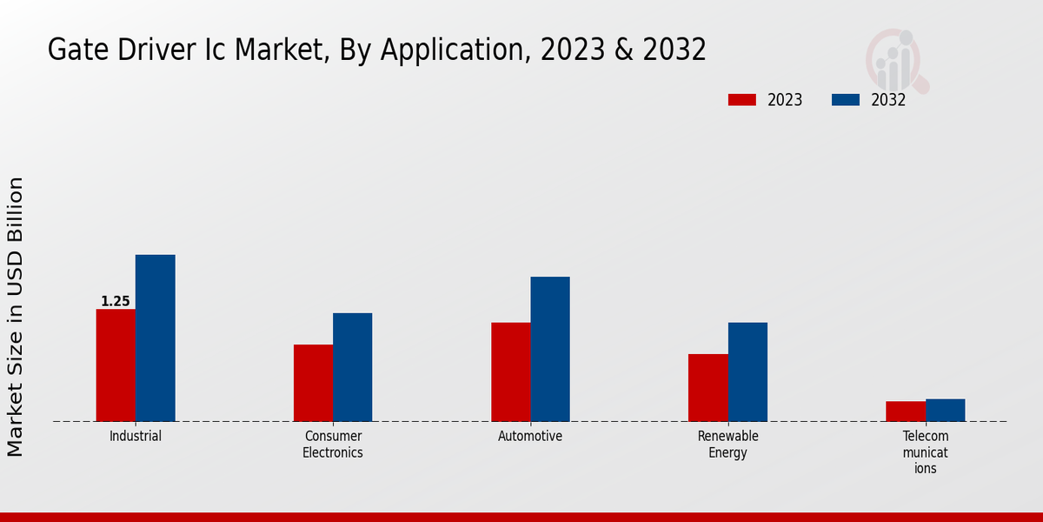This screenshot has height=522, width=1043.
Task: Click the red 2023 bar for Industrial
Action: (x=116, y=365)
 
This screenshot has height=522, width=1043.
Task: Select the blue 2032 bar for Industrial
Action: (x=155, y=338)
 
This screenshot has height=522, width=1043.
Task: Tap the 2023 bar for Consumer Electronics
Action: (x=313, y=383)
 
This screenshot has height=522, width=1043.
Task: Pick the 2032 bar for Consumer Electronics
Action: (x=352, y=367)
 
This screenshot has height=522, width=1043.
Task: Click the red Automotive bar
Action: (x=510, y=372)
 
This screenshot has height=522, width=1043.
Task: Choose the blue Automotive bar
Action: (x=550, y=349)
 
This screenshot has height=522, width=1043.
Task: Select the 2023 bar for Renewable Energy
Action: (x=708, y=388)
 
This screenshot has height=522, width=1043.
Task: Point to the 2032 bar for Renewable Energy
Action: (x=747, y=372)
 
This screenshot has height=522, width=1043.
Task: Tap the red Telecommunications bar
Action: (x=905, y=412)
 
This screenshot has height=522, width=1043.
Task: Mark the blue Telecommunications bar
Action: (x=945, y=411)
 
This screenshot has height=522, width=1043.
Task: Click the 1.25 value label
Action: (x=116, y=302)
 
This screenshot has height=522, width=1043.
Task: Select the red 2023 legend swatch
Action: (x=742, y=100)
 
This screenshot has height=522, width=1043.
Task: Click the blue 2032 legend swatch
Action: (x=845, y=100)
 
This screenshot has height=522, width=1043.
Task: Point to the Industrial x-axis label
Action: (x=136, y=437)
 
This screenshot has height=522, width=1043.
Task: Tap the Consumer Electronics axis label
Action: (x=333, y=445)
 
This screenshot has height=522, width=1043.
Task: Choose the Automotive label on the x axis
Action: (x=530, y=437)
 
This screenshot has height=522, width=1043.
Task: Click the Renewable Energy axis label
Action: (x=728, y=445)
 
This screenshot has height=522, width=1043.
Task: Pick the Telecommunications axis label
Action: (x=926, y=452)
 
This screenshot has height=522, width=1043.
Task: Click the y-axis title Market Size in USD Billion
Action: (x=16, y=317)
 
